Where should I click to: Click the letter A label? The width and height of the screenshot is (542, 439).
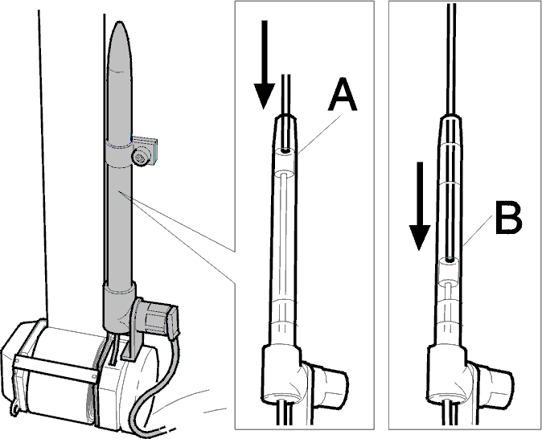pos(343,93)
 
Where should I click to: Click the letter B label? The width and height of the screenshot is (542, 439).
pos(508,219)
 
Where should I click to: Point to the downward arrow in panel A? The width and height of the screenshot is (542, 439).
pos(265,64)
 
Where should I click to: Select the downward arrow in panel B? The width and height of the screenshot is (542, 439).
pos(420,206)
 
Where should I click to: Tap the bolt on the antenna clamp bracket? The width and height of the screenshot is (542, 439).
pos(141,158)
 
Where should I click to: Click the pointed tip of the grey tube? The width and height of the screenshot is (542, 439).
pos(119,23)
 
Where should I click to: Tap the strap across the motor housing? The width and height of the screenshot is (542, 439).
pos(55,367)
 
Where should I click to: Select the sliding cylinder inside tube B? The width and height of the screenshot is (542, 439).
pos(449,272)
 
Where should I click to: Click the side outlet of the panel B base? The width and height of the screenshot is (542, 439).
pos(494,384)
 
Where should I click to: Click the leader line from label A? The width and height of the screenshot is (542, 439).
pos(320,134)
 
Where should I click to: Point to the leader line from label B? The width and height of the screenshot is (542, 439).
pos(478,230)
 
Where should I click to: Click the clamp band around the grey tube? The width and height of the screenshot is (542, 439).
pos(118,154)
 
